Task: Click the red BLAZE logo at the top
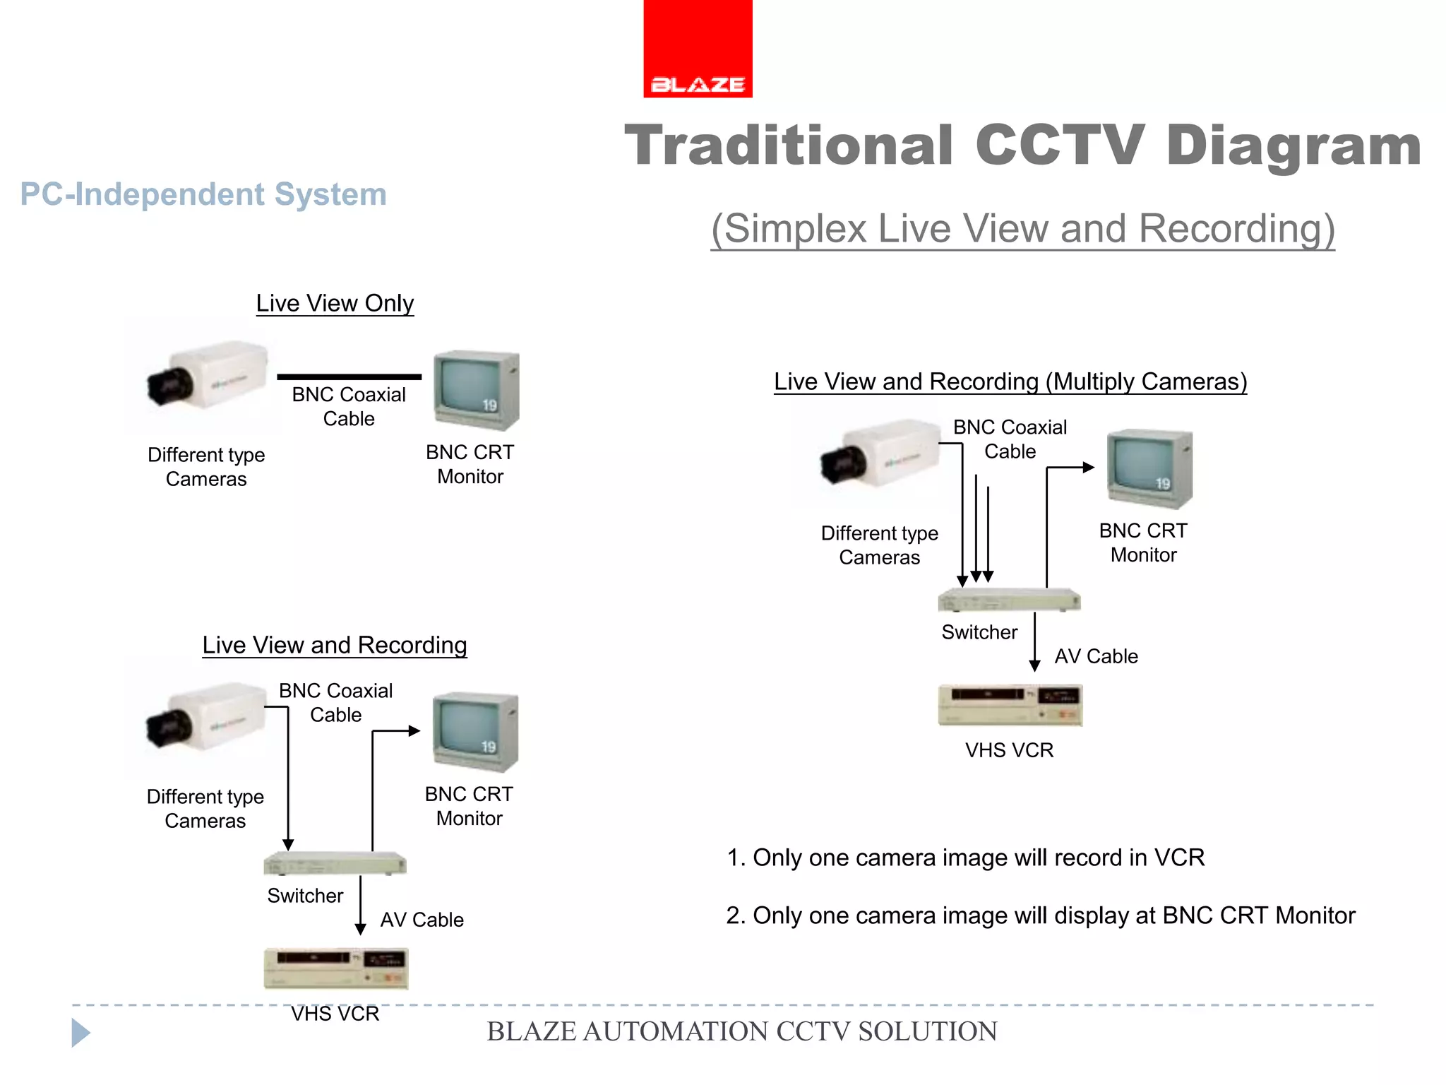click(698, 49)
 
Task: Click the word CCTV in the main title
click(1058, 146)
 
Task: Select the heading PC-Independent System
click(203, 194)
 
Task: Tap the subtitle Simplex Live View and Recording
click(1022, 229)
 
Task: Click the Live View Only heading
click(335, 303)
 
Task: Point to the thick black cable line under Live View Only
click(349, 377)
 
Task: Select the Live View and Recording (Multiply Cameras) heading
click(1010, 381)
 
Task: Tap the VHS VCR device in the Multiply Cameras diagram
click(1010, 704)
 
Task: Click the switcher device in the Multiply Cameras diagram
click(1008, 600)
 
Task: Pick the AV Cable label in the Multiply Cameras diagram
click(1096, 656)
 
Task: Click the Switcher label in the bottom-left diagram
click(305, 896)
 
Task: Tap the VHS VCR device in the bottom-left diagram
click(335, 968)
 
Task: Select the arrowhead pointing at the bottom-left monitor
click(414, 731)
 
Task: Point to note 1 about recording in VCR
click(965, 858)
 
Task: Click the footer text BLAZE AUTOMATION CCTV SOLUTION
click(741, 1031)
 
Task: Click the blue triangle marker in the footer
click(80, 1033)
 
